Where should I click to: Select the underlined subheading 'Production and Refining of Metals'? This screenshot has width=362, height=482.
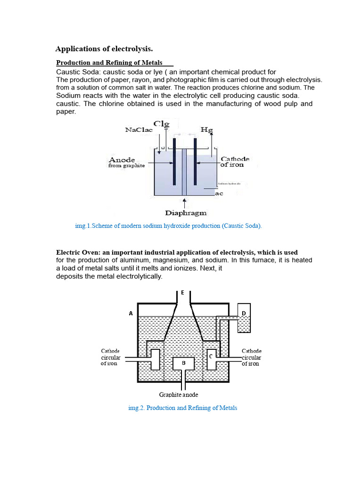(x=109, y=63)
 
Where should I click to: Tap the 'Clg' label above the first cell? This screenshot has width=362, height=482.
(x=161, y=124)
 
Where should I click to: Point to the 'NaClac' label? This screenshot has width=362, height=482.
(x=139, y=130)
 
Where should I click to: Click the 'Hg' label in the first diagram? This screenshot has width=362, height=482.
(x=206, y=129)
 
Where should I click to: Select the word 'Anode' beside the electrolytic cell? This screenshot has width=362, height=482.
(x=122, y=160)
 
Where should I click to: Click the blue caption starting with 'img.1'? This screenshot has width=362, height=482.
(x=168, y=226)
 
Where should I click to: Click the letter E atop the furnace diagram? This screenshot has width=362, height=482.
(x=182, y=293)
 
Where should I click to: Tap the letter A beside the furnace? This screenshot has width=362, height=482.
(x=131, y=313)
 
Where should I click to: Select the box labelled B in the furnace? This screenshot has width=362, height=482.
(x=184, y=363)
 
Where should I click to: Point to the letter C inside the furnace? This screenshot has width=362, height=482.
(x=210, y=356)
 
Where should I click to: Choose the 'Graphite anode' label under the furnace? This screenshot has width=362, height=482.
(x=179, y=394)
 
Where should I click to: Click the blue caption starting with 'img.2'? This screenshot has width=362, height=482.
(x=182, y=408)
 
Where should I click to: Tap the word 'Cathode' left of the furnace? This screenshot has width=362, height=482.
(x=110, y=351)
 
